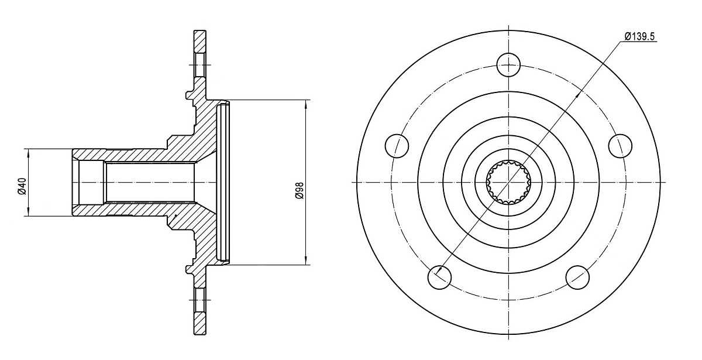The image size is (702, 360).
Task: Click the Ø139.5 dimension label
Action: point(639,37)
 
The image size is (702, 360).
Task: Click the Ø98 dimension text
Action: point(300,190)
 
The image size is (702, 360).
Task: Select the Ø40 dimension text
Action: point(22,186)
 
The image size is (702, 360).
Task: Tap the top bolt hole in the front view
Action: point(508,65)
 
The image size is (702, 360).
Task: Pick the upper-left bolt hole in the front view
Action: point(397,146)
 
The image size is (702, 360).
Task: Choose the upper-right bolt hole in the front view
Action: point(620,146)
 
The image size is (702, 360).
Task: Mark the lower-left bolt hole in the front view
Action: point(439,277)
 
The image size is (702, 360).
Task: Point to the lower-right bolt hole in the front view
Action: point(577,277)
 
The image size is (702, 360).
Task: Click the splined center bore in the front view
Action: point(508,182)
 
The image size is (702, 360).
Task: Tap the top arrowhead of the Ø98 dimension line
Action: point(305,104)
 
